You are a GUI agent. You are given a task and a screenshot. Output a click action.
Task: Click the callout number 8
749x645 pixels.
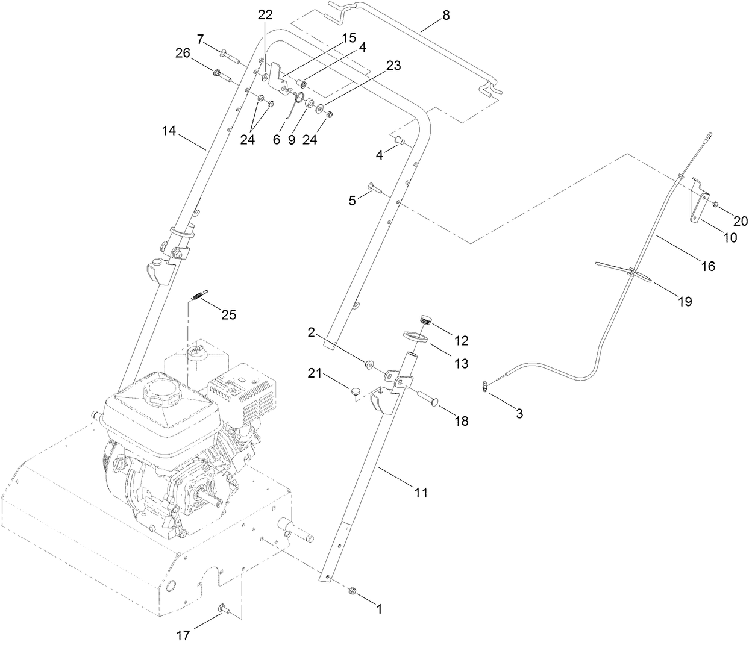pos(445,16)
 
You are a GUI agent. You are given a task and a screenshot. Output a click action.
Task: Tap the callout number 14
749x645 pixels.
pos(169,130)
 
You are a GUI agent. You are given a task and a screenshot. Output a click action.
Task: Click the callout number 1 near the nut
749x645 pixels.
pos(380,609)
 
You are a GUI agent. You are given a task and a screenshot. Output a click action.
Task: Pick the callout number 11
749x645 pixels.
pos(421,492)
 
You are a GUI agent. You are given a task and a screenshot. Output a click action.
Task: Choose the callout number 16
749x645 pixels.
pos(708,266)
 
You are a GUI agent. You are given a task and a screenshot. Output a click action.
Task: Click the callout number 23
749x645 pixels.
pos(393,66)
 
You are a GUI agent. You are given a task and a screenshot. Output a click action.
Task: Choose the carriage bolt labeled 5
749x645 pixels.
pos(374,189)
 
